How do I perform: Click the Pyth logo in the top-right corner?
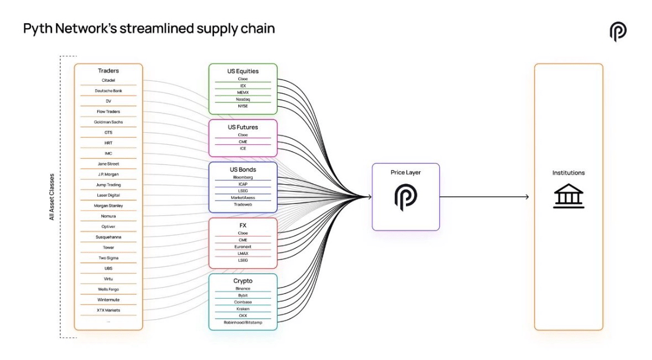pos(618,32)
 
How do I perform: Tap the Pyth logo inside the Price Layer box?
pos(405,197)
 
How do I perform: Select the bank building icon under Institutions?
pos(568,196)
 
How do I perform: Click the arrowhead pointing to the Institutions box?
pos(527,197)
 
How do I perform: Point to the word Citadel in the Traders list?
pos(108,80)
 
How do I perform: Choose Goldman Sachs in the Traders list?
pos(108,122)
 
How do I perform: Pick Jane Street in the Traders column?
pos(108,164)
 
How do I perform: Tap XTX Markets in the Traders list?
pos(108,310)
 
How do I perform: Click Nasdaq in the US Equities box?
pos(243,100)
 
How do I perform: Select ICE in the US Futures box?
pos(243,148)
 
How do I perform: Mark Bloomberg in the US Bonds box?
pos(243,178)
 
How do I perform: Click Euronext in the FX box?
pos(243,247)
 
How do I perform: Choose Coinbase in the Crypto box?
pos(243,302)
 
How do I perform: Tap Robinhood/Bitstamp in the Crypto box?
pos(243,322)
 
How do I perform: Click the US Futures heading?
pos(243,127)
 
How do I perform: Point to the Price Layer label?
pos(405,173)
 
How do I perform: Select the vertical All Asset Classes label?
pos(52,197)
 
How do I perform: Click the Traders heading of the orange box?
pos(108,71)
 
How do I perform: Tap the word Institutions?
pos(568,173)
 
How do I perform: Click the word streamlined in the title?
pos(157,29)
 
